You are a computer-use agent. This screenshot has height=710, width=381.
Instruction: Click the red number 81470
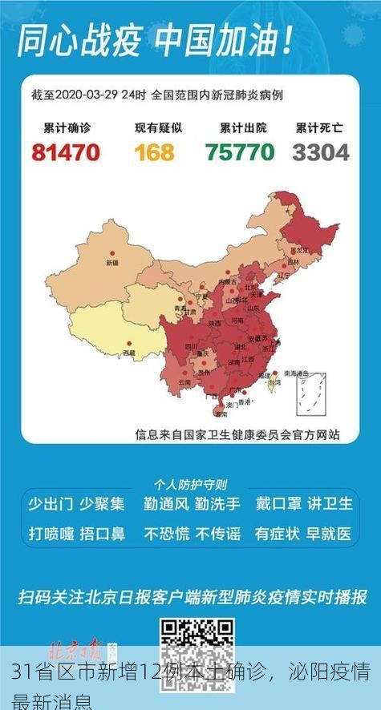[66, 151]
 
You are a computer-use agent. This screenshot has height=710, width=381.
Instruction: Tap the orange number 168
[154, 151]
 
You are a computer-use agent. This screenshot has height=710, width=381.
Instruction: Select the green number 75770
[239, 151]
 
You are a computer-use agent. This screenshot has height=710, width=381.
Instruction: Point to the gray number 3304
[320, 151]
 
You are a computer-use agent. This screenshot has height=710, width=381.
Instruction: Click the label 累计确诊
[66, 127]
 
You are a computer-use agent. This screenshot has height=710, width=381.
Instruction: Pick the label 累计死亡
[319, 127]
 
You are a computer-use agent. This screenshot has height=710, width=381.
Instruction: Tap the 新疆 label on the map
[111, 262]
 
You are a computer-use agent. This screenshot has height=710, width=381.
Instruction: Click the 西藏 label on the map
[129, 352]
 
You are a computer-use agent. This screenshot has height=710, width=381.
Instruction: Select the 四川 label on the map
[191, 346]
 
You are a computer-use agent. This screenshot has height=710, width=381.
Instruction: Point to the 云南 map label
[184, 382]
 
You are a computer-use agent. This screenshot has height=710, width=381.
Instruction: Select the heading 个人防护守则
[190, 484]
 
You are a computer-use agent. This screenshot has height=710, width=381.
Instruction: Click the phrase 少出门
[51, 504]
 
